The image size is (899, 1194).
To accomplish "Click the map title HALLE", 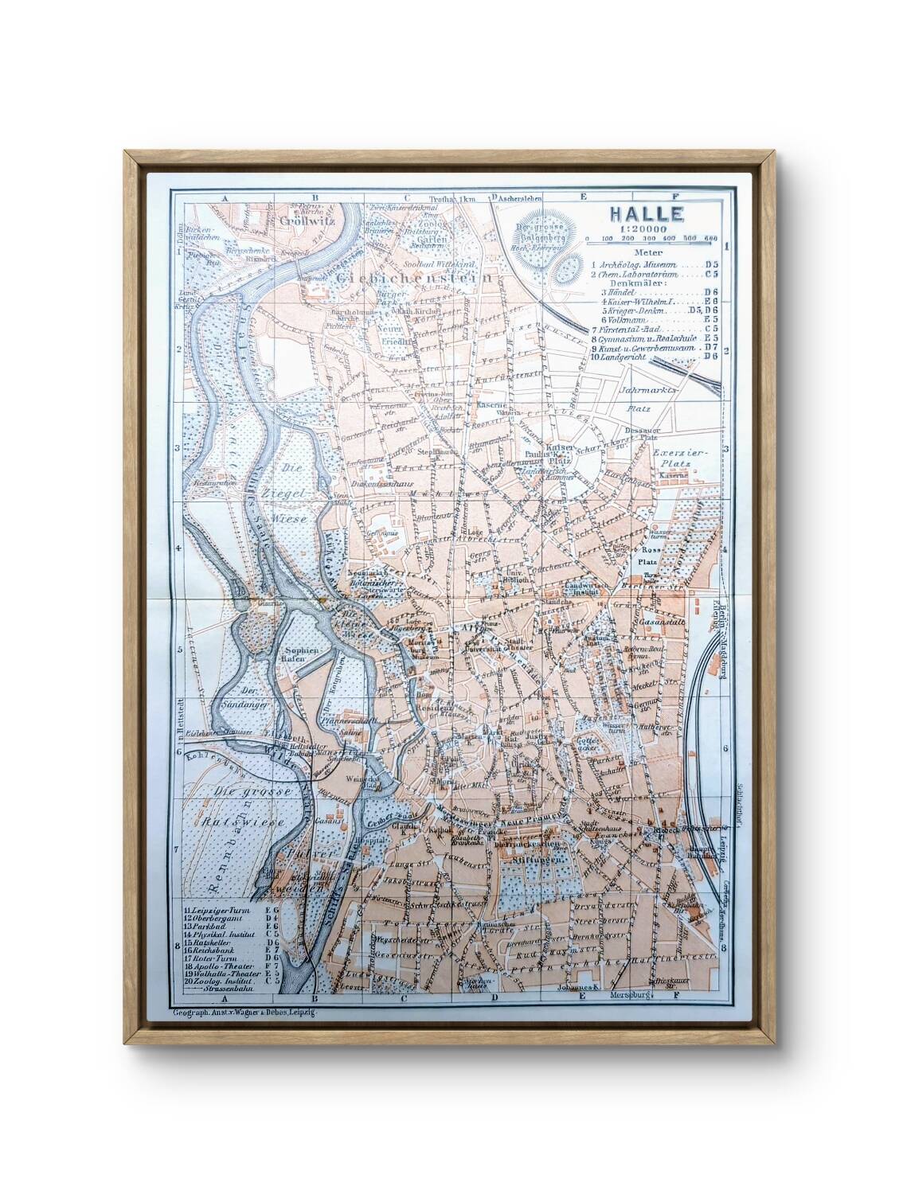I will (646, 213).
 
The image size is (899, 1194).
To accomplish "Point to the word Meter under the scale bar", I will (622, 252).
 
